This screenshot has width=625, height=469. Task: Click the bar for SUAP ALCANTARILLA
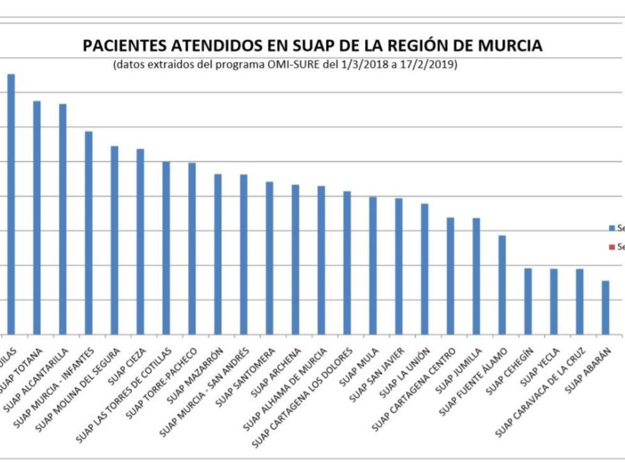click(63, 219)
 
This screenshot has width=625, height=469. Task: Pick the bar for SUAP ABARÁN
click(605, 307)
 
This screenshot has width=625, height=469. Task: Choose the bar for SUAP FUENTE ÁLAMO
click(502, 285)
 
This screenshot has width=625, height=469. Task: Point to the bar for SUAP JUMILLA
click(476, 276)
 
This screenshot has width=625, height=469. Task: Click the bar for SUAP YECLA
click(554, 301)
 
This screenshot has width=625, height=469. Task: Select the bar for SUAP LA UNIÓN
click(424, 269)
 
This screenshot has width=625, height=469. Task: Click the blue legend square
click(612, 228)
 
